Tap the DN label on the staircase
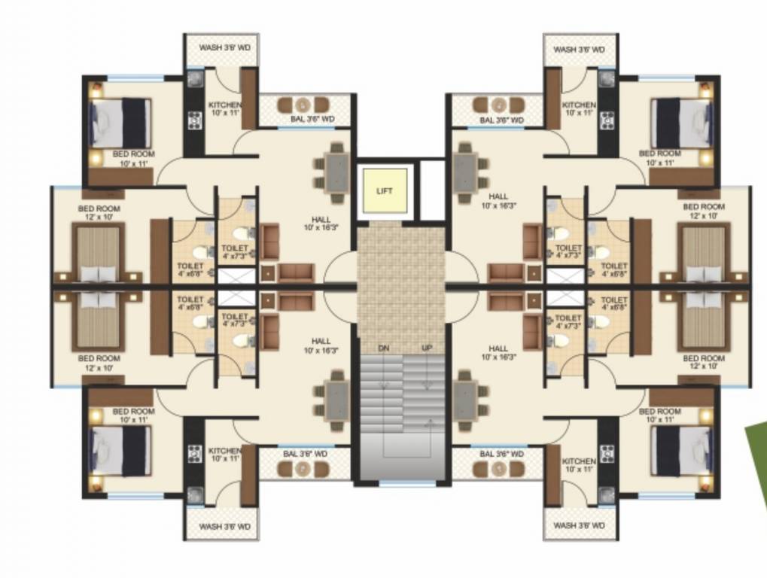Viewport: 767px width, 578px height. tap(384, 348)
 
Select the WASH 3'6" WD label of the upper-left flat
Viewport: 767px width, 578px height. tap(224, 48)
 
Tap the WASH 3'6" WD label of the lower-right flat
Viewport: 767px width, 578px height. tap(579, 527)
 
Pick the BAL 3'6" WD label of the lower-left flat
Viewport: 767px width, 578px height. tap(305, 454)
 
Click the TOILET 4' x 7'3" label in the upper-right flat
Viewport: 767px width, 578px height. tap(568, 252)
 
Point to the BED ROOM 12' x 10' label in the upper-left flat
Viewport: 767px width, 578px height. tap(99, 211)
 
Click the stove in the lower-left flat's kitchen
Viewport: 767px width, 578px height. tap(195, 454)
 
